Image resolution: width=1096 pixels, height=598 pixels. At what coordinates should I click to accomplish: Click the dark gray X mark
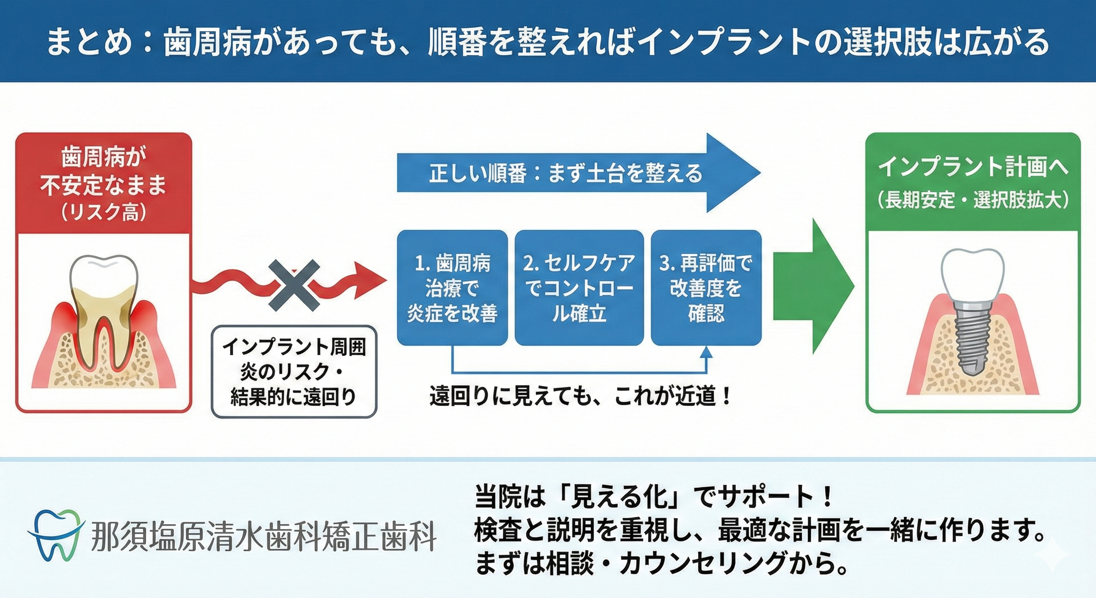click(x=294, y=285)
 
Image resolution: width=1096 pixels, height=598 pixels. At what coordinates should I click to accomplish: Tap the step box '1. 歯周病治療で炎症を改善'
click(x=452, y=288)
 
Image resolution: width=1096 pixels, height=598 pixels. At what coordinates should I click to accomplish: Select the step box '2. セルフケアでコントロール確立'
click(x=579, y=288)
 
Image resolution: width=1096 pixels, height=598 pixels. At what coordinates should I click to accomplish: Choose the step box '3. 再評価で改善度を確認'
click(x=706, y=288)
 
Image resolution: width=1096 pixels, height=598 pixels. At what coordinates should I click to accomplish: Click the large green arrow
click(x=813, y=286)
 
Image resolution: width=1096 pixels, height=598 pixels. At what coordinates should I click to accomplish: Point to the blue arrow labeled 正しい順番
click(x=579, y=173)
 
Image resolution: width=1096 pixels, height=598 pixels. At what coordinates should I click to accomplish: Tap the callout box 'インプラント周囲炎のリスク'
click(x=294, y=371)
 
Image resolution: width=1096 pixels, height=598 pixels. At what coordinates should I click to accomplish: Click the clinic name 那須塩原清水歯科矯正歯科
click(x=264, y=536)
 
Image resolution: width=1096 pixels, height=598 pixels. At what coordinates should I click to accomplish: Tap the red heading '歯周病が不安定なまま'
click(x=104, y=172)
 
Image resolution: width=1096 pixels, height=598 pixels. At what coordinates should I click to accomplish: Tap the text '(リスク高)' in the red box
click(x=104, y=211)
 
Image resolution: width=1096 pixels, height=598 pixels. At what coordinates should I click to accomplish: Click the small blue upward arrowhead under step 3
click(x=706, y=352)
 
